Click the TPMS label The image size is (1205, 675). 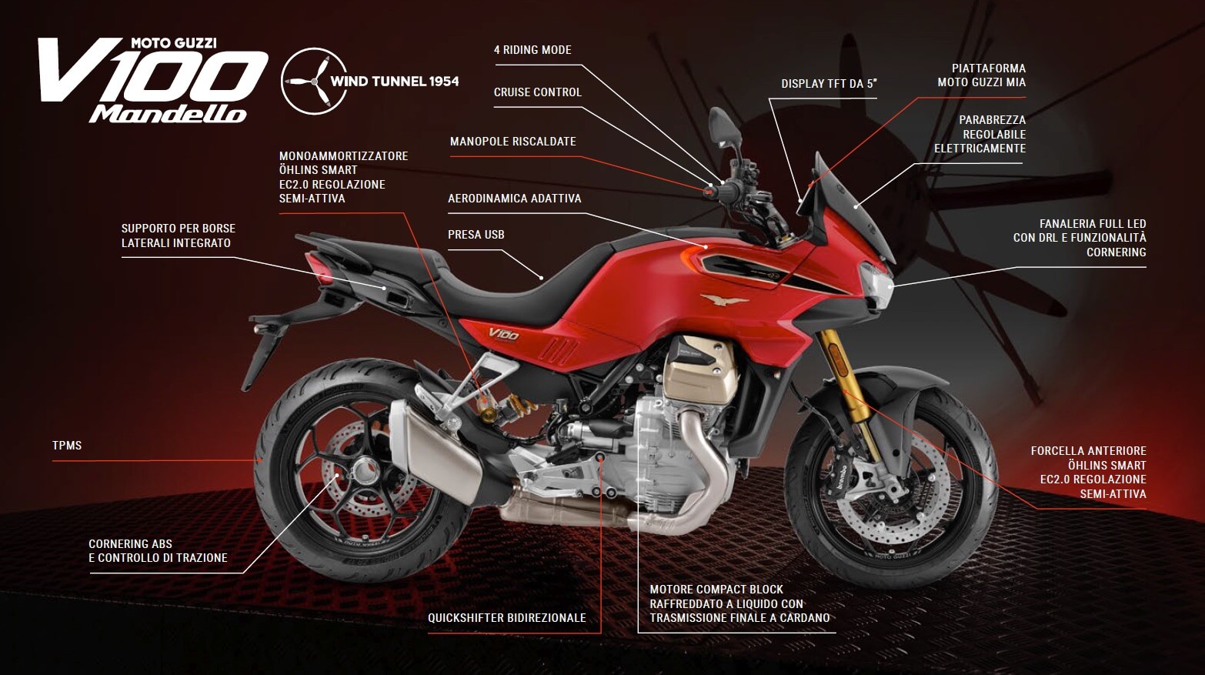coord(67,446)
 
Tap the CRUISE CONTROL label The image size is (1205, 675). coord(537,92)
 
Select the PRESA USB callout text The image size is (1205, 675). coord(476,235)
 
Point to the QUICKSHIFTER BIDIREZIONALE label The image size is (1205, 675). coord(507,618)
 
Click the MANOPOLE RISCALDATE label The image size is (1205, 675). coord(512,142)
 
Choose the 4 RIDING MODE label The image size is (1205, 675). coord(532,50)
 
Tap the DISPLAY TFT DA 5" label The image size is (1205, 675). coord(829,84)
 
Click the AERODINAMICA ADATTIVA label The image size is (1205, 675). coord(514,199)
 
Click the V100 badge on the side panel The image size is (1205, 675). coord(504,335)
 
